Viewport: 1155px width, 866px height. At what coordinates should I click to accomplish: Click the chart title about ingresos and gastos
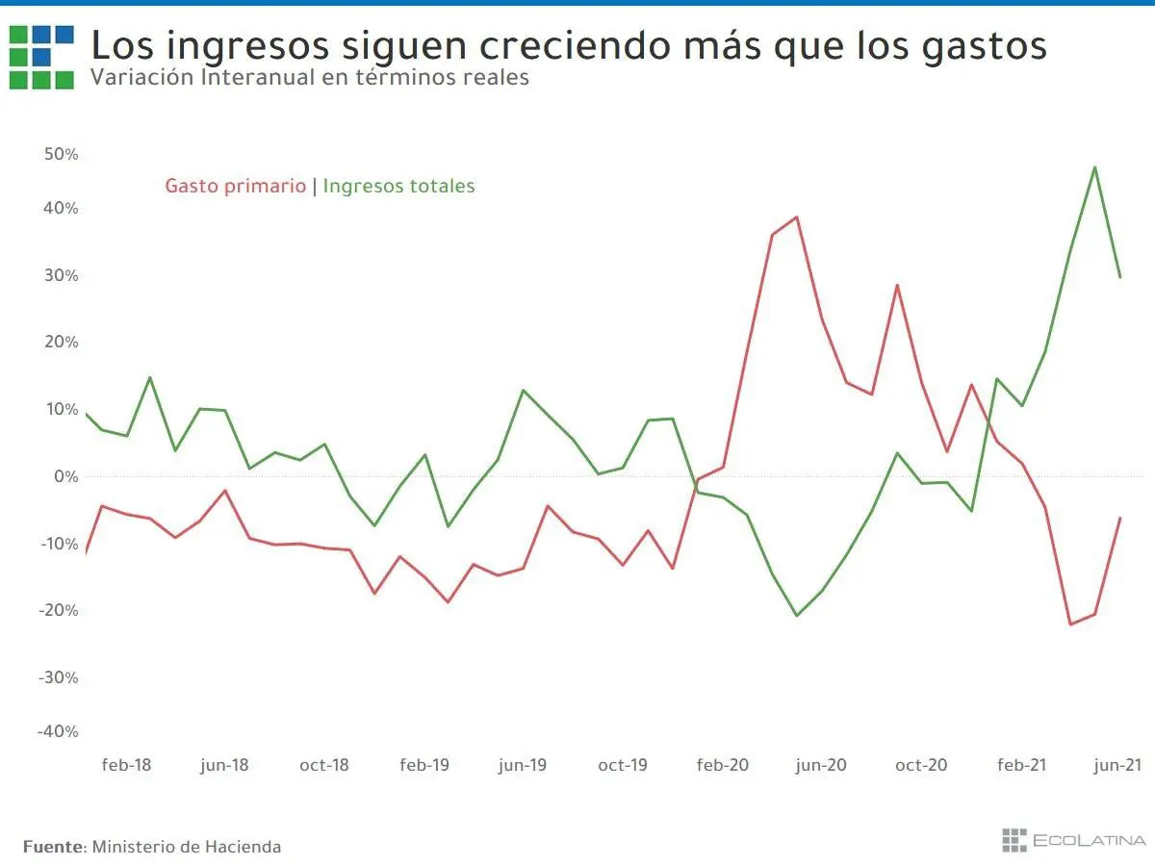click(x=568, y=45)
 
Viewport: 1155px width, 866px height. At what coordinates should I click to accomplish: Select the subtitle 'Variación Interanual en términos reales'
click(x=309, y=78)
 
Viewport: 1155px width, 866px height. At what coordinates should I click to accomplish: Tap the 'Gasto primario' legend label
click(x=235, y=186)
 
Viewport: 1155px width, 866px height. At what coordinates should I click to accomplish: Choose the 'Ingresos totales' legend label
click(x=398, y=186)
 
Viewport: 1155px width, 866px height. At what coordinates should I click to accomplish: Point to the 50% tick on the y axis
click(x=60, y=154)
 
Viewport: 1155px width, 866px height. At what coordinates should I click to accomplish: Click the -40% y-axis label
click(x=58, y=730)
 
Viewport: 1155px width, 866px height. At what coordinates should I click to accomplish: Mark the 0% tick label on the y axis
click(x=65, y=476)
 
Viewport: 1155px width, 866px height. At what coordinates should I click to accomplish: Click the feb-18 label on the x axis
click(x=126, y=765)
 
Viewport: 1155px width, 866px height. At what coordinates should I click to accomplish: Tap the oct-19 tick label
click(x=623, y=765)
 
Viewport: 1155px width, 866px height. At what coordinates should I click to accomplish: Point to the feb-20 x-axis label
click(x=722, y=765)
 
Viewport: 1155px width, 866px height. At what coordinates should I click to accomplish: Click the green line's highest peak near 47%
click(x=1095, y=167)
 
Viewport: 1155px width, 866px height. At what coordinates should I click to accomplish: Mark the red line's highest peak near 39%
click(x=796, y=217)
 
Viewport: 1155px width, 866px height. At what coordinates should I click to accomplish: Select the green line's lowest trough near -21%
click(x=796, y=615)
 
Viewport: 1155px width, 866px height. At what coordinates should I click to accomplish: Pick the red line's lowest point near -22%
click(x=1070, y=624)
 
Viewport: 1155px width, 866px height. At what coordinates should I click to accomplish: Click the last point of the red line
click(x=1119, y=519)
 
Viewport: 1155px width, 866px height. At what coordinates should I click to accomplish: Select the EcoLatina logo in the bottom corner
click(x=1073, y=840)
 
